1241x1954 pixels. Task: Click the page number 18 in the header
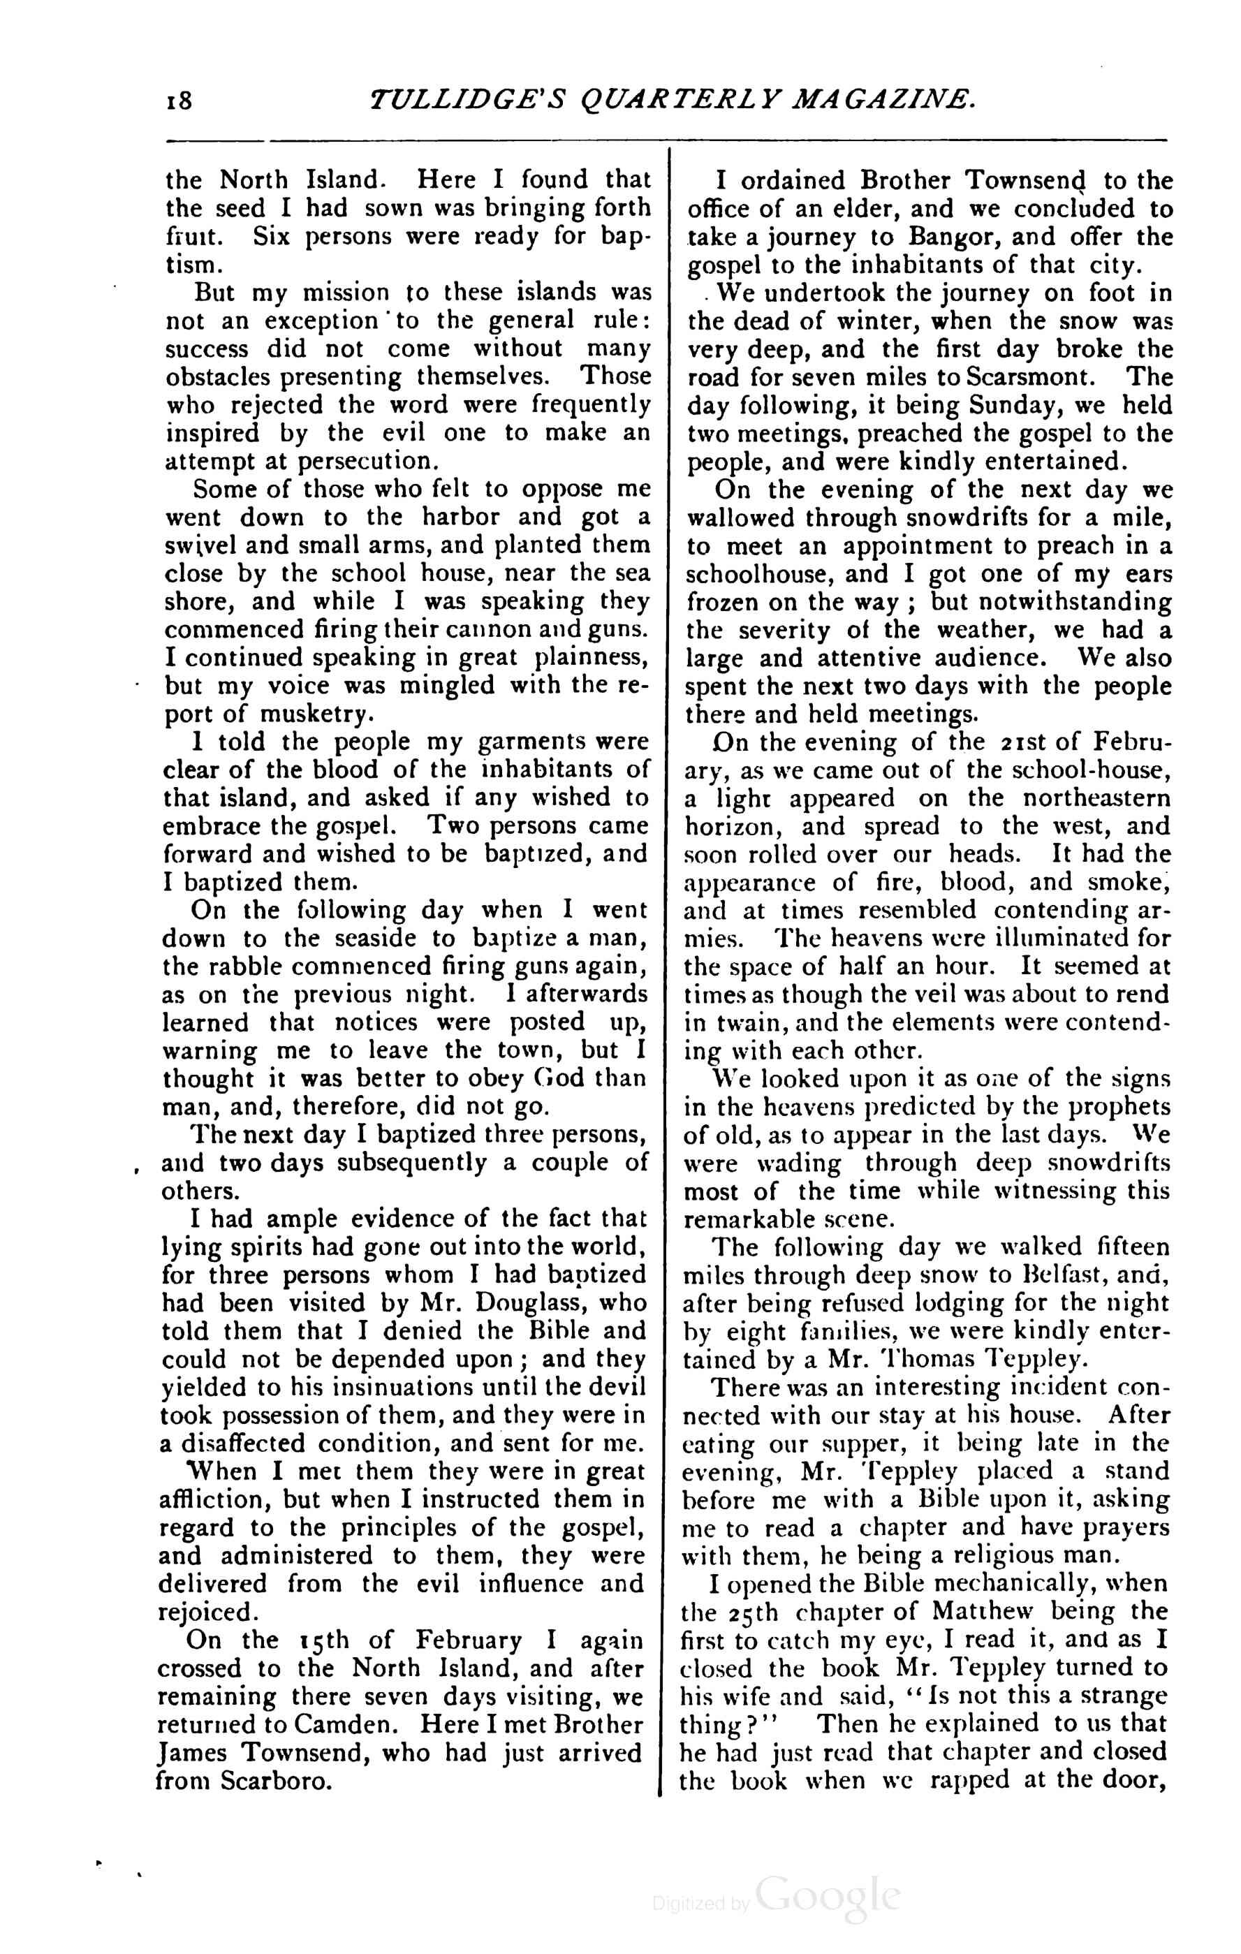pos(179,101)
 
